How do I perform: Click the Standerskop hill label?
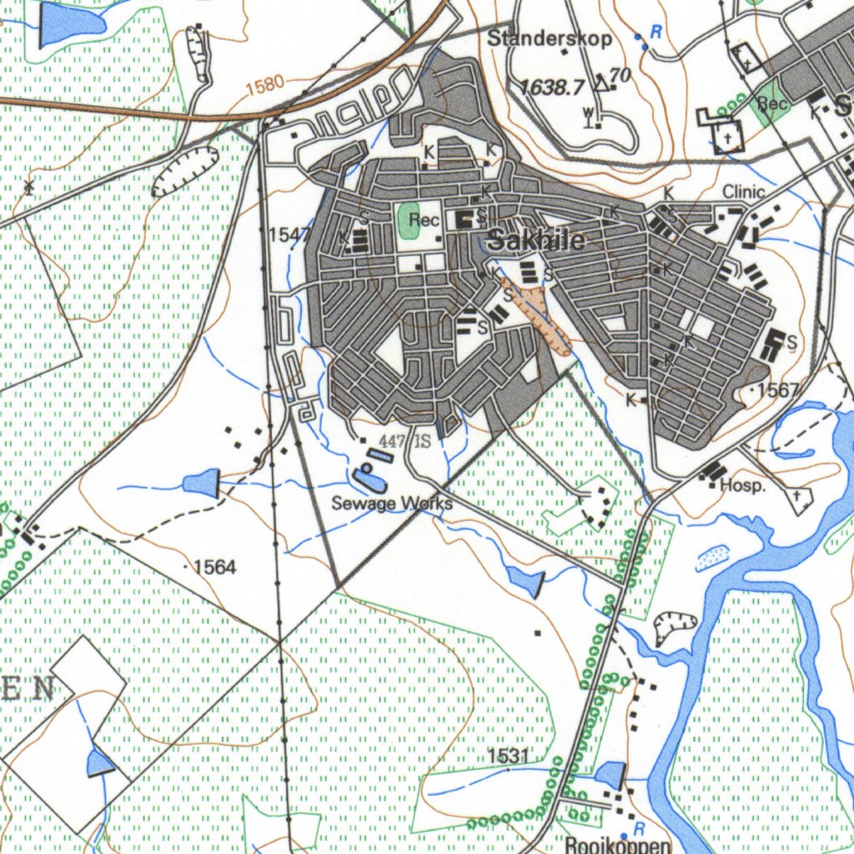549,38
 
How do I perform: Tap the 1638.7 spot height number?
552,87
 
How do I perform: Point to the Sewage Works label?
392,503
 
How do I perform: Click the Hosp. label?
742,485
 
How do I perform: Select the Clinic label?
743,192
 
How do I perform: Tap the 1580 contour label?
265,84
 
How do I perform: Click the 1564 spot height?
214,568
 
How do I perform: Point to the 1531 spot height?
509,756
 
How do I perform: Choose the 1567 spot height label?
779,390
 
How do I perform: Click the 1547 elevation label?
289,235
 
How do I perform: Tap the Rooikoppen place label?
617,845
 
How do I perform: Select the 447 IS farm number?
404,440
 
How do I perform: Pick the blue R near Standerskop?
656,33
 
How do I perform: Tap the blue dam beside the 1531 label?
610,775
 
